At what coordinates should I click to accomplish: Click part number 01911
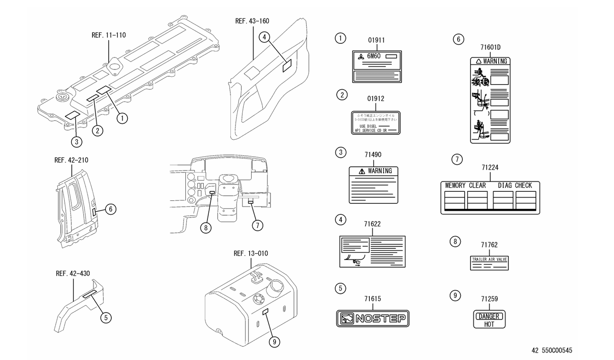(x=376, y=40)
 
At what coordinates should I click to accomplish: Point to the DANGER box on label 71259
(x=489, y=316)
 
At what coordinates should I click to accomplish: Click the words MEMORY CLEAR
(x=465, y=186)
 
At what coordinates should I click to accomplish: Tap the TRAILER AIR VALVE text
(x=489, y=259)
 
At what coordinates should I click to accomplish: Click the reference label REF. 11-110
(x=109, y=35)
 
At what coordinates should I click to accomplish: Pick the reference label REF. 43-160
(x=252, y=21)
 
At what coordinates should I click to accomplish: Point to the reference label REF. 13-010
(x=251, y=253)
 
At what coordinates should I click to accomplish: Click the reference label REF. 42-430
(x=73, y=274)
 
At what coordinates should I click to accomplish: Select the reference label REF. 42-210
(x=71, y=160)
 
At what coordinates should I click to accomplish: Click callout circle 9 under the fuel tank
(x=275, y=342)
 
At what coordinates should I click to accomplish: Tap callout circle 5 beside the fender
(x=107, y=317)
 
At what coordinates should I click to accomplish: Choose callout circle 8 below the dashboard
(x=206, y=227)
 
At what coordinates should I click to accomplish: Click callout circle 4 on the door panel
(x=264, y=37)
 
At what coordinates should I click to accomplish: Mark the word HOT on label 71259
(x=489, y=324)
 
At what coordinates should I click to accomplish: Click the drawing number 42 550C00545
(x=552, y=350)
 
